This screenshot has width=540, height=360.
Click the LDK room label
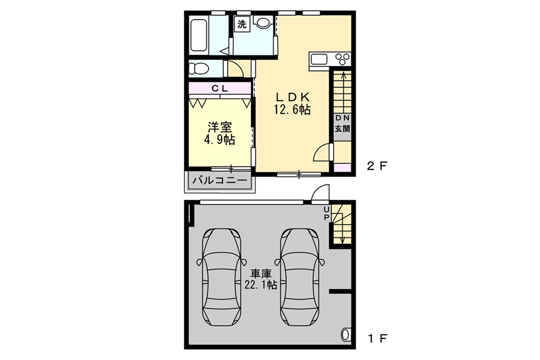coord(292,97)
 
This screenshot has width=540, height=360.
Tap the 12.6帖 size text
coord(292,110)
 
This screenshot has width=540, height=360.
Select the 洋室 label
coord(220,127)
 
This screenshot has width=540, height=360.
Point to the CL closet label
coord(219,87)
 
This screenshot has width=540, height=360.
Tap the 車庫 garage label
coord(260,273)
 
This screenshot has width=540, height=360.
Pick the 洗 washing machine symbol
coord(242,24)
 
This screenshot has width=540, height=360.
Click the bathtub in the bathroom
coord(199,36)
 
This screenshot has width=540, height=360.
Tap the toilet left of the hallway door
coord(198,68)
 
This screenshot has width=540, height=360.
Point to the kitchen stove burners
coord(343,58)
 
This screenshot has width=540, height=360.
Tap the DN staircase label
coord(342,118)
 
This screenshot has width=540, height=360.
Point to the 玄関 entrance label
coord(342,129)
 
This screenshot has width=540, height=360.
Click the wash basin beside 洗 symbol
coord(262,23)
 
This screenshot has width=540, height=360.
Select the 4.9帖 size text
coord(219,140)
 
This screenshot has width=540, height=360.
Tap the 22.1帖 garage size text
coord(260,284)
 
